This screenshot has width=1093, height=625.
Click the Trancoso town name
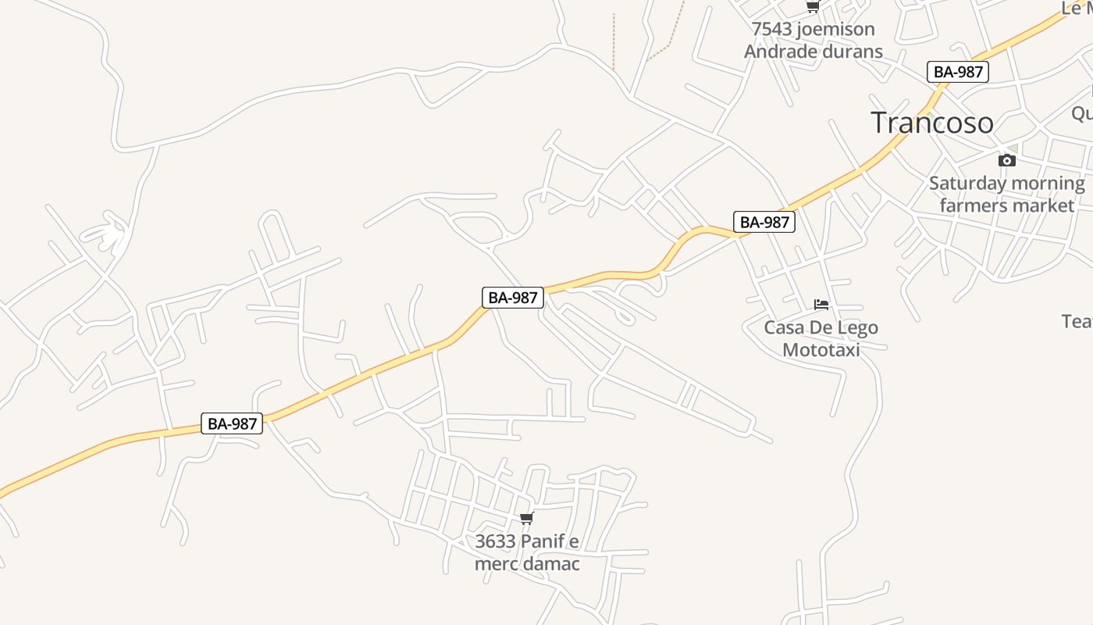point(931,123)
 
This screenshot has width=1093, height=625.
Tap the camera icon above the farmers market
point(1007,160)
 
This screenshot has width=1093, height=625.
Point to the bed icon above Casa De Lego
point(821,304)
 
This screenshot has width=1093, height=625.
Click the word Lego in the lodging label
point(857,327)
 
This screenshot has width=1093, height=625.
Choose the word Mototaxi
point(821,349)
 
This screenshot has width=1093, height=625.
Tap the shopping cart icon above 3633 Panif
point(527,518)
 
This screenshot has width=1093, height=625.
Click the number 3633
point(496,541)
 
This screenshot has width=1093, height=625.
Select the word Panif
point(543,541)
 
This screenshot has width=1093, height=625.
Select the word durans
point(851,51)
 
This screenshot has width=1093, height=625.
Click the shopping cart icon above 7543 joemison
point(813,6)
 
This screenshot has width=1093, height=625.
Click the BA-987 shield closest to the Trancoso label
point(958,72)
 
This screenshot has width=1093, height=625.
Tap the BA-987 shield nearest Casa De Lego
point(764,222)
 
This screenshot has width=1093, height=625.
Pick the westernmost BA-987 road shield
point(232,423)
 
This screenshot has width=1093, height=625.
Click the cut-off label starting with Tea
point(1077,320)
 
